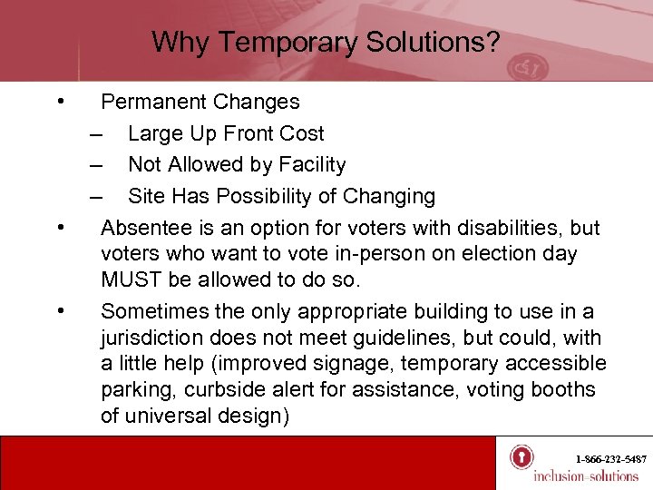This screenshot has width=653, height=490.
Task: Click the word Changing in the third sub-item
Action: pyautogui.click(x=391, y=197)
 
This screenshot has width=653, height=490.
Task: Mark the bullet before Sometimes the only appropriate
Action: pyautogui.click(x=60, y=310)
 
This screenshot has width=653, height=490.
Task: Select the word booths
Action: pyautogui.click(x=563, y=390)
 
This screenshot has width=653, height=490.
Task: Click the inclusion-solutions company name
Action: pyautogui.click(x=585, y=476)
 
